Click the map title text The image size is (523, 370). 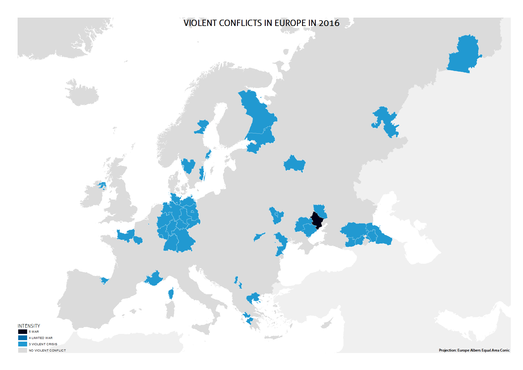pyautogui.click(x=261, y=23)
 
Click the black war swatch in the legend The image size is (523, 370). pyautogui.click(x=23, y=332)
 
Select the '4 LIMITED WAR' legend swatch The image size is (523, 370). pyautogui.click(x=23, y=338)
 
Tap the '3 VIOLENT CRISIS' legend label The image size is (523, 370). pyautogui.click(x=43, y=344)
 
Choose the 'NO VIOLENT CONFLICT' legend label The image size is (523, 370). pyautogui.click(x=47, y=350)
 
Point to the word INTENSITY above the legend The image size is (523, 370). pyautogui.click(x=29, y=326)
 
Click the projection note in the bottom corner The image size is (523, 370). pyautogui.click(x=474, y=350)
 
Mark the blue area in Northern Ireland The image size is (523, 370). pyautogui.click(x=102, y=186)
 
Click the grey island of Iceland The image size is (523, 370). pyautogui.click(x=82, y=92)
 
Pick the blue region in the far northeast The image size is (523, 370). pyautogui.click(x=464, y=55)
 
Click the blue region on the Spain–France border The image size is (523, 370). pyautogui.click(x=104, y=280)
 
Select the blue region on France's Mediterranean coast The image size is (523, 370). pyautogui.click(x=154, y=279)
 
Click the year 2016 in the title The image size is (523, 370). pyautogui.click(x=329, y=23)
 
